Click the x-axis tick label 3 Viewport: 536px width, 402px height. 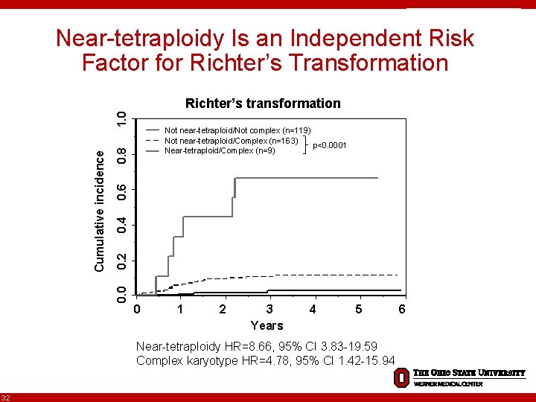(x=269, y=309)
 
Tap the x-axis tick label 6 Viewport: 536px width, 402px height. (x=402, y=309)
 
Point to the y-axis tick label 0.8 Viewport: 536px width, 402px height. (x=121, y=154)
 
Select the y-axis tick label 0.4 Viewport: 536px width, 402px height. (x=121, y=225)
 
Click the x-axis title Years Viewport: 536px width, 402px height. (x=267, y=325)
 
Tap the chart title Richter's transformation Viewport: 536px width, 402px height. (x=263, y=103)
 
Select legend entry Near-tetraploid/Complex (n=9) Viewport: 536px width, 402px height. (x=220, y=151)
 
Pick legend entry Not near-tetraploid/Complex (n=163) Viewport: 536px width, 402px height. (x=231, y=141)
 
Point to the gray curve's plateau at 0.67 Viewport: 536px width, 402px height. (x=313, y=178)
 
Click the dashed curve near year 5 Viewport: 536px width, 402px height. (x=357, y=275)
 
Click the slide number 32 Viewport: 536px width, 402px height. (x=6, y=396)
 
